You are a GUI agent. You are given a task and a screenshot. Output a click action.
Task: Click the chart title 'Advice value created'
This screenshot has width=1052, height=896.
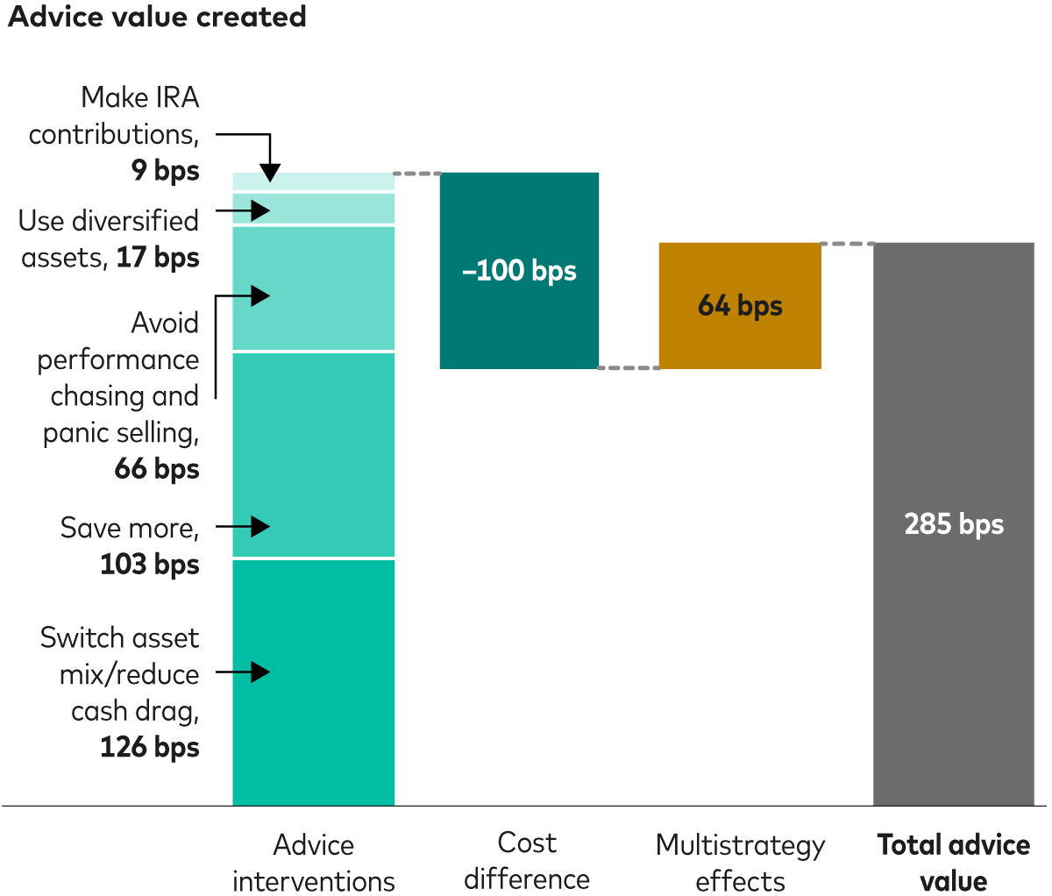point(157,17)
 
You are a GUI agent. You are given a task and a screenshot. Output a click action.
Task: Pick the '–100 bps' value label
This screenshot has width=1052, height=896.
point(519,271)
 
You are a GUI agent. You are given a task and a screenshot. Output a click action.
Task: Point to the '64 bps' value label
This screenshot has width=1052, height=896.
point(740,306)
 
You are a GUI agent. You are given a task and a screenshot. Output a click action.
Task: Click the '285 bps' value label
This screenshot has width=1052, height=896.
point(954,524)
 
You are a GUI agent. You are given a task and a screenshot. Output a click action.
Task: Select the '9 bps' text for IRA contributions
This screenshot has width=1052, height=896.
point(166,170)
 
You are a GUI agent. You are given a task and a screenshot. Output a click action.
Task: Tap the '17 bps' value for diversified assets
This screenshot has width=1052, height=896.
point(158,258)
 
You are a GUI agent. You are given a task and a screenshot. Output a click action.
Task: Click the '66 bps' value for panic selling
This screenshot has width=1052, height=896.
point(157,469)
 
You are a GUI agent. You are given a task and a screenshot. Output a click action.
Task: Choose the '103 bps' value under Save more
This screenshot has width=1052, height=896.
point(150,565)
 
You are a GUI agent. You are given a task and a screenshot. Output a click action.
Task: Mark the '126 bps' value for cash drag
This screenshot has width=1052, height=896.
point(150,747)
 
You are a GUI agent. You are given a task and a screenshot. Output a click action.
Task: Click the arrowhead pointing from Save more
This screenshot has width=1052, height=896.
point(260,526)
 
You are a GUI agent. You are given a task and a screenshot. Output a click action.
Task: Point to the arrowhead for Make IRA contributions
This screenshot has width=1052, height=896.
point(270,173)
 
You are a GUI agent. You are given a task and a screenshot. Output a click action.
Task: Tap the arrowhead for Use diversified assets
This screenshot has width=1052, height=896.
point(260,210)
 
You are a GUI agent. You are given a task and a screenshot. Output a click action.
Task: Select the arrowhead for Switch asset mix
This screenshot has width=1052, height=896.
point(260,672)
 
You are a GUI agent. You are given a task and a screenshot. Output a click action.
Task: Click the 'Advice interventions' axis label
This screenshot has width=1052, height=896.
point(314,863)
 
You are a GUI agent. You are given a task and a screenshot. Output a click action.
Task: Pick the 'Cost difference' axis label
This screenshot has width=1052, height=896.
point(527,861)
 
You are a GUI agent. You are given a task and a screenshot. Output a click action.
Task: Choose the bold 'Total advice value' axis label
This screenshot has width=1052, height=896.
point(954,863)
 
